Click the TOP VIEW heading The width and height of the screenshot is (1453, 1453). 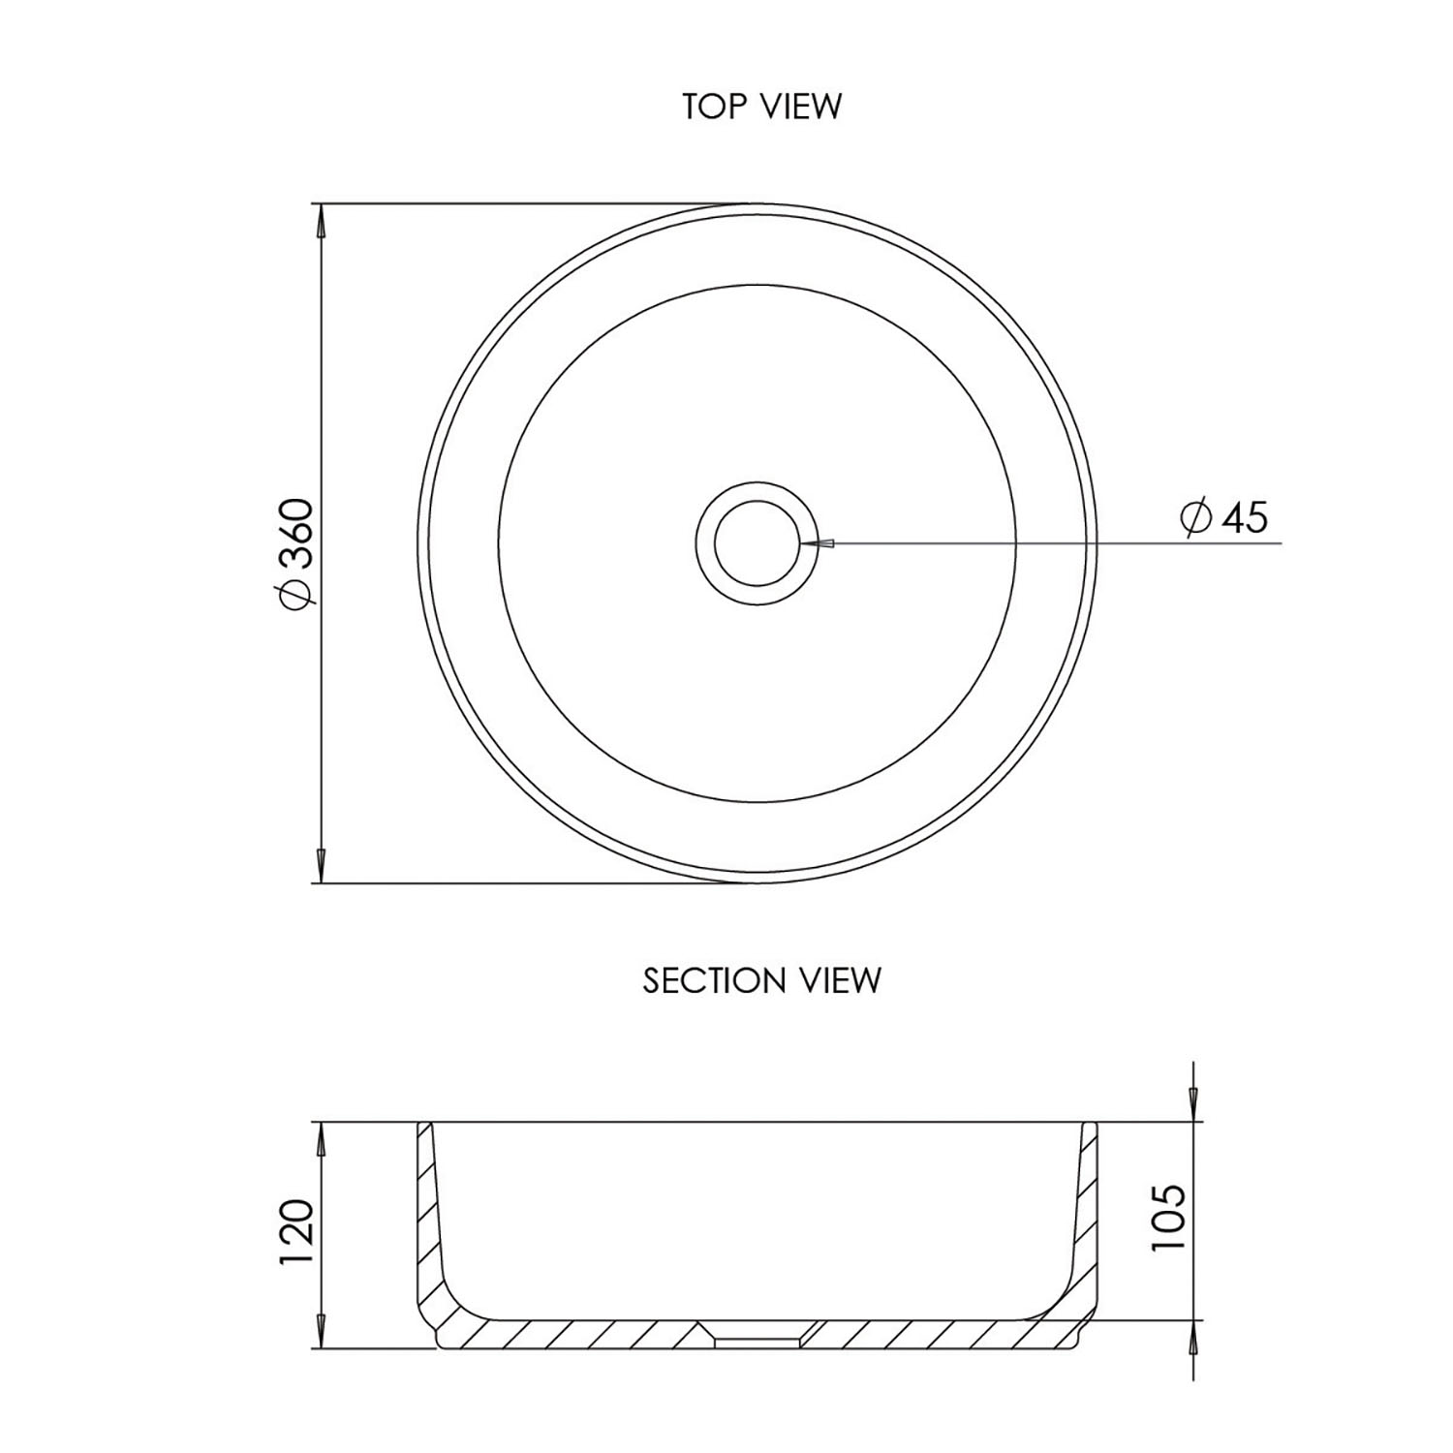(761, 106)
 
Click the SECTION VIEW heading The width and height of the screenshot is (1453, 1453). (761, 980)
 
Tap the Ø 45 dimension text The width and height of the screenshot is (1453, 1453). (1224, 517)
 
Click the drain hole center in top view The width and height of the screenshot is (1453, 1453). (757, 543)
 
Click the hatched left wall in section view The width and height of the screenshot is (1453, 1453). (427, 1211)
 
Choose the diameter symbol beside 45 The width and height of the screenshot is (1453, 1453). (1196, 517)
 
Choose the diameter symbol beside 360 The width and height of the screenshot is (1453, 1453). (295, 595)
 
